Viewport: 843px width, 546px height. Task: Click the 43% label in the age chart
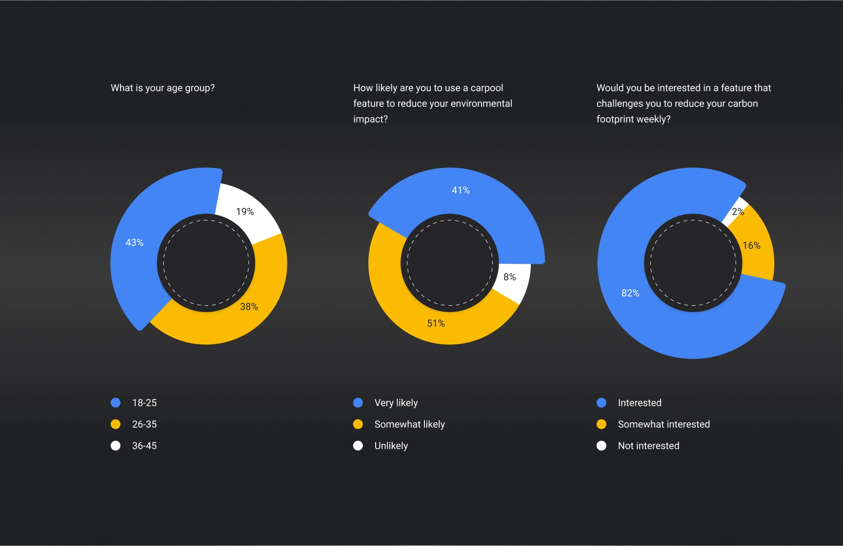[x=135, y=242]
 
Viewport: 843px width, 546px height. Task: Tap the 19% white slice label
[x=245, y=211]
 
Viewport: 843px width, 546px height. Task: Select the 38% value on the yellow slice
[x=249, y=307]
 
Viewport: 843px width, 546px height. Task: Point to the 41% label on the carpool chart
[x=461, y=190]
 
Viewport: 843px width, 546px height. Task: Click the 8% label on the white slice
[x=509, y=277]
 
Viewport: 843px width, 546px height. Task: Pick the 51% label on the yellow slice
[x=436, y=323]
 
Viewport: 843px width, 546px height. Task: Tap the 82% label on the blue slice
[x=630, y=293]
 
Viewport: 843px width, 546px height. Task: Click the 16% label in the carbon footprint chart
[x=751, y=245]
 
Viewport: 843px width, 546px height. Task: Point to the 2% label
[x=738, y=211]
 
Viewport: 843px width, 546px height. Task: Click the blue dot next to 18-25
[x=116, y=403]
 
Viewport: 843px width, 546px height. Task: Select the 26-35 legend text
[x=144, y=424]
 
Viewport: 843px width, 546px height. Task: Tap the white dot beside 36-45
[x=116, y=446]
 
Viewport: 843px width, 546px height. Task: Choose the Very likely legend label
[x=396, y=403]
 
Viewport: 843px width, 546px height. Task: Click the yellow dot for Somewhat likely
[x=358, y=424]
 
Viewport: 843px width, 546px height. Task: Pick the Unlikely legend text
[x=391, y=446]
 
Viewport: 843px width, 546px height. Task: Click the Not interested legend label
[x=648, y=446]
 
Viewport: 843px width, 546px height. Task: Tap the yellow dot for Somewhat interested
[x=602, y=424]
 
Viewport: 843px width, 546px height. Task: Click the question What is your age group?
[x=162, y=88]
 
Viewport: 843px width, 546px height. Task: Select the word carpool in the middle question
[x=486, y=88]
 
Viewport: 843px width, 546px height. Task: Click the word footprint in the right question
[x=616, y=119]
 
